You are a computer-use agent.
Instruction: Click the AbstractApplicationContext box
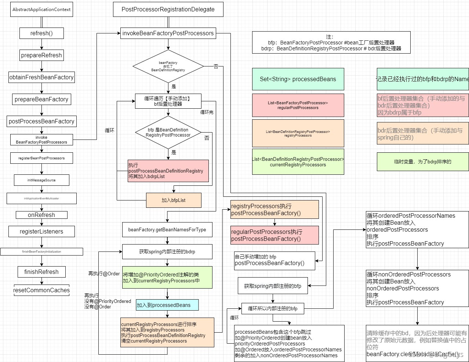coord(41,10)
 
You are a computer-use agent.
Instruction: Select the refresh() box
coord(41,33)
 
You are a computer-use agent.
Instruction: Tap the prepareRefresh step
coord(41,55)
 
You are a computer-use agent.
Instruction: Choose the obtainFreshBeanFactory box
coord(41,77)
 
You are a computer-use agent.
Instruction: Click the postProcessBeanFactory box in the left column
coord(41,121)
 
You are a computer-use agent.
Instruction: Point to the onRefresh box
coord(41,215)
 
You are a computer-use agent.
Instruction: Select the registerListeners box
coord(41,231)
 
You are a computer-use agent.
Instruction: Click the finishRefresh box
coord(41,272)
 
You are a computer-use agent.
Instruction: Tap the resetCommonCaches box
coord(41,290)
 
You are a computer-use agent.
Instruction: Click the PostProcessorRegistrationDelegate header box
coord(168,10)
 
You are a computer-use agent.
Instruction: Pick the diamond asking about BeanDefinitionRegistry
coord(168,66)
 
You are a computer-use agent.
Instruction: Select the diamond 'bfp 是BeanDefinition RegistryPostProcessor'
coord(168,132)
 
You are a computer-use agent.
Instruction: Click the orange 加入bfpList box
coord(174,200)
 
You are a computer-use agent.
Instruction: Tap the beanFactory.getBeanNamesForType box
coord(167,230)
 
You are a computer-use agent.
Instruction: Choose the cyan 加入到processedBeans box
coord(167,305)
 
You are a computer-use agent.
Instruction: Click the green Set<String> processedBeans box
coord(298,79)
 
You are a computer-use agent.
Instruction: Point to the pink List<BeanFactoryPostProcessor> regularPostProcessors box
coord(298,105)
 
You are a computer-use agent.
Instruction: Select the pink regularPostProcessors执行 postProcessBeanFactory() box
coord(275,235)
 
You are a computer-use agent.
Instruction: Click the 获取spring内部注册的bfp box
coord(273,286)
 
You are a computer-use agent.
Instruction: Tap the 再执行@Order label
coord(104,274)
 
